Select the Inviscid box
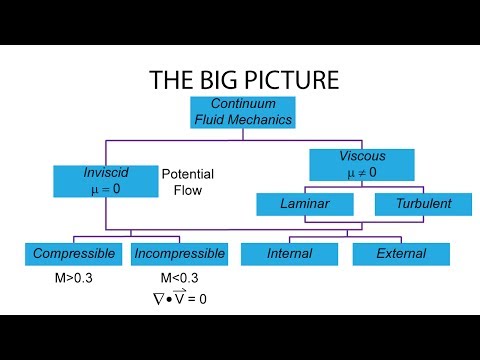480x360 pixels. click(106, 180)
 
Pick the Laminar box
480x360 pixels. click(305, 204)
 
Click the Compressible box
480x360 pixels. click(76, 254)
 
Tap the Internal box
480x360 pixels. click(289, 254)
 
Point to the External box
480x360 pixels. click(402, 254)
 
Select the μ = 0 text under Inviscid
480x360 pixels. click(106, 187)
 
